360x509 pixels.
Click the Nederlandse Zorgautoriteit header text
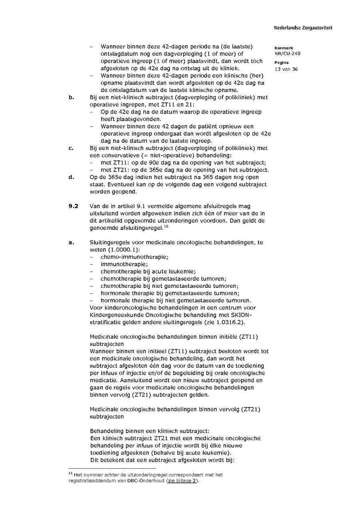303,28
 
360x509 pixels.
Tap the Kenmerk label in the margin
284,48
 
